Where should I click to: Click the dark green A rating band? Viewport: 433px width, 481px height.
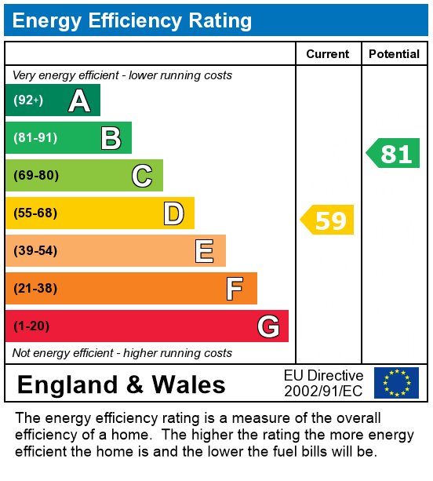point(53,100)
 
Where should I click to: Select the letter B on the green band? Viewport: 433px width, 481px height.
point(111,138)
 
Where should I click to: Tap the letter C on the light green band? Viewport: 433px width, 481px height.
point(142,176)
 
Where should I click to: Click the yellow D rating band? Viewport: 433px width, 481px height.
point(100,213)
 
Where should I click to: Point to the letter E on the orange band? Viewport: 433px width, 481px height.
point(205,251)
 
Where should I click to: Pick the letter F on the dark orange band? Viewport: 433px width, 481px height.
point(235,289)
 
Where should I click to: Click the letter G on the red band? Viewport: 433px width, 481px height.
point(267,326)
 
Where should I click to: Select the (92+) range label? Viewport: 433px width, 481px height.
point(28,100)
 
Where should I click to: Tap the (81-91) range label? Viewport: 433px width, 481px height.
point(35,138)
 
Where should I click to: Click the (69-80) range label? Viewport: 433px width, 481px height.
point(36,176)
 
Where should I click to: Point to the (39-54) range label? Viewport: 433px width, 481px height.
point(36,251)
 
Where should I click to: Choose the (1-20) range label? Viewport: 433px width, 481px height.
point(31,326)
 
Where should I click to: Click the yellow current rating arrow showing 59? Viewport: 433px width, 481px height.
point(328,220)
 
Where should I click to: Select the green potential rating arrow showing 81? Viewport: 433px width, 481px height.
point(394,154)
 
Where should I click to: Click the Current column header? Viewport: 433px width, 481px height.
point(328,54)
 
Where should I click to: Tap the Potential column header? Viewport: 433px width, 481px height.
point(394,54)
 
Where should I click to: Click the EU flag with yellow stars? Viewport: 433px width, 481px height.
point(396,383)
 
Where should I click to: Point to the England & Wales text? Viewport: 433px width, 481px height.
point(121,385)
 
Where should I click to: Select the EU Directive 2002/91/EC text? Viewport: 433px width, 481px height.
point(323,383)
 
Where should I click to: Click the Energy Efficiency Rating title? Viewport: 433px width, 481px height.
point(132,20)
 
